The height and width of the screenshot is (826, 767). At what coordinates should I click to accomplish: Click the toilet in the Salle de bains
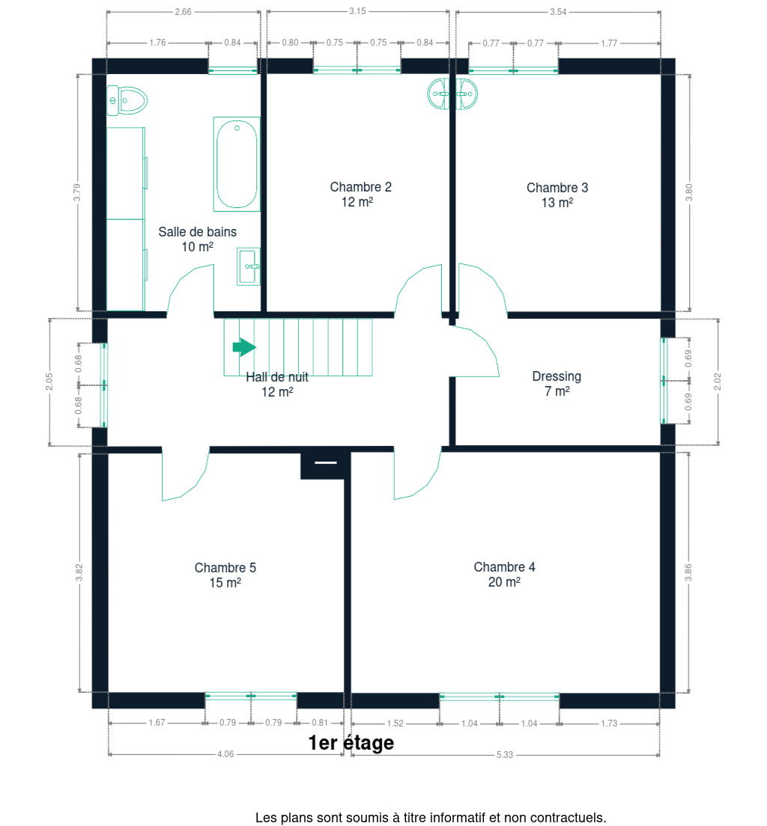tap(127, 100)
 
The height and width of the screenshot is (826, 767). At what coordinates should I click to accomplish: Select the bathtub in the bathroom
tap(237, 164)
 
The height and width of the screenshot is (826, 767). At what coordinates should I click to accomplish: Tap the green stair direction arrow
tap(244, 347)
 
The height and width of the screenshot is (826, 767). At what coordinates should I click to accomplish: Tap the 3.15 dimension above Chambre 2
tap(357, 11)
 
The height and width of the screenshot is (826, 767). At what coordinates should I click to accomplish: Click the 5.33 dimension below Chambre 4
tap(504, 754)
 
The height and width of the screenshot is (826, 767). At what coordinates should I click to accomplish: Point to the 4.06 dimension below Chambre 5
tap(225, 754)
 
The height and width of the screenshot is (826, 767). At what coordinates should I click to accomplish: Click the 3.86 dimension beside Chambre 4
tap(688, 572)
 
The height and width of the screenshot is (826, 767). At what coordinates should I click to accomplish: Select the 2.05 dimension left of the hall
tap(49, 382)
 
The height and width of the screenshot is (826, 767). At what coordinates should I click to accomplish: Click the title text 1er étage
tap(351, 743)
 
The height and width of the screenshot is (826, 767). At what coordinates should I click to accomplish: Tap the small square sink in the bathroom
tap(249, 266)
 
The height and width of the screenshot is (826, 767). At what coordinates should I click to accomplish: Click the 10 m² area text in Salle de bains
tap(197, 247)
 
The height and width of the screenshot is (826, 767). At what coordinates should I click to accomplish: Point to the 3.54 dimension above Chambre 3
tap(558, 11)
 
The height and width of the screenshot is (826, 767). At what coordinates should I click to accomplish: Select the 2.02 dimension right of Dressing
tap(718, 382)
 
